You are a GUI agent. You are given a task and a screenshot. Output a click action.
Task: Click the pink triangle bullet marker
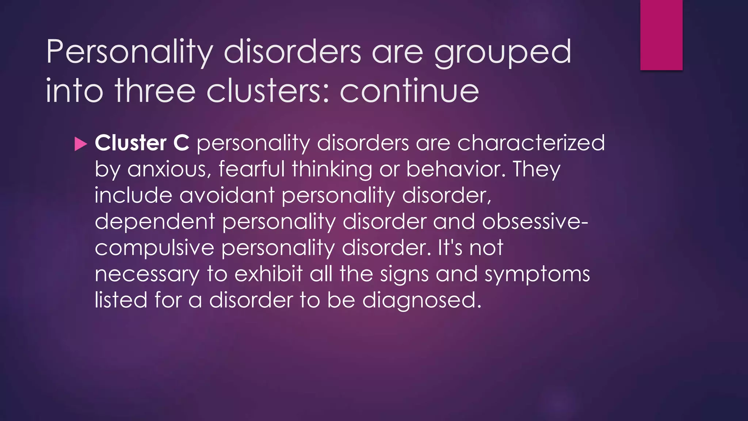pyautogui.click(x=81, y=144)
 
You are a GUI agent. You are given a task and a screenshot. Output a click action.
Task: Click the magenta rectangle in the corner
pyautogui.click(x=661, y=35)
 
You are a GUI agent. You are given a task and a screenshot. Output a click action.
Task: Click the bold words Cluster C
pyautogui.click(x=142, y=143)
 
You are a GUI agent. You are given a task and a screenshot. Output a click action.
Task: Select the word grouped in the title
pyautogui.click(x=503, y=52)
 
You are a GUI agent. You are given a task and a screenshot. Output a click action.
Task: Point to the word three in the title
pyautogui.click(x=155, y=91)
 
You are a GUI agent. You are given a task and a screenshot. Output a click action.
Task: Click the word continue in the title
pyautogui.click(x=409, y=91)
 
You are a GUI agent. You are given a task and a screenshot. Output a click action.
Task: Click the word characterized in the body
pyautogui.click(x=531, y=143)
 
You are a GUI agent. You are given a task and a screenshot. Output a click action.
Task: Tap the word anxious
pyautogui.click(x=169, y=169)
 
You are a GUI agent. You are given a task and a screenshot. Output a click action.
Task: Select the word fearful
pyautogui.click(x=251, y=169)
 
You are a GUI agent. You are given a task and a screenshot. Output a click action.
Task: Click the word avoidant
pyautogui.click(x=226, y=195)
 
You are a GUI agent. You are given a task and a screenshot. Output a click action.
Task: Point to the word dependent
pyautogui.click(x=155, y=221)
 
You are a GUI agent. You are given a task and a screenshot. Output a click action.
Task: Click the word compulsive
pyautogui.click(x=154, y=248)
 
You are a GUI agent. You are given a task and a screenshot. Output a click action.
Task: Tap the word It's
pyautogui.click(x=450, y=248)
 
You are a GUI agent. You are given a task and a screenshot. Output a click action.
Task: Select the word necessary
pyautogui.click(x=147, y=274)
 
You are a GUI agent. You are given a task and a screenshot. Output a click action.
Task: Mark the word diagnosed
pyautogui.click(x=421, y=300)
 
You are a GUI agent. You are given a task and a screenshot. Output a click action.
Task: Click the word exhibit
pyautogui.click(x=268, y=274)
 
